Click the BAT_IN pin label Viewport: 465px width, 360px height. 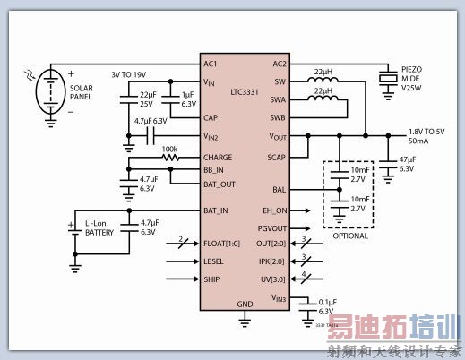point(216,210)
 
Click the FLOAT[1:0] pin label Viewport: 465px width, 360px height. point(222,243)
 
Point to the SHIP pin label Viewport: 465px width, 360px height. point(212,279)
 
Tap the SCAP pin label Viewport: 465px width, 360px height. point(275,157)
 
